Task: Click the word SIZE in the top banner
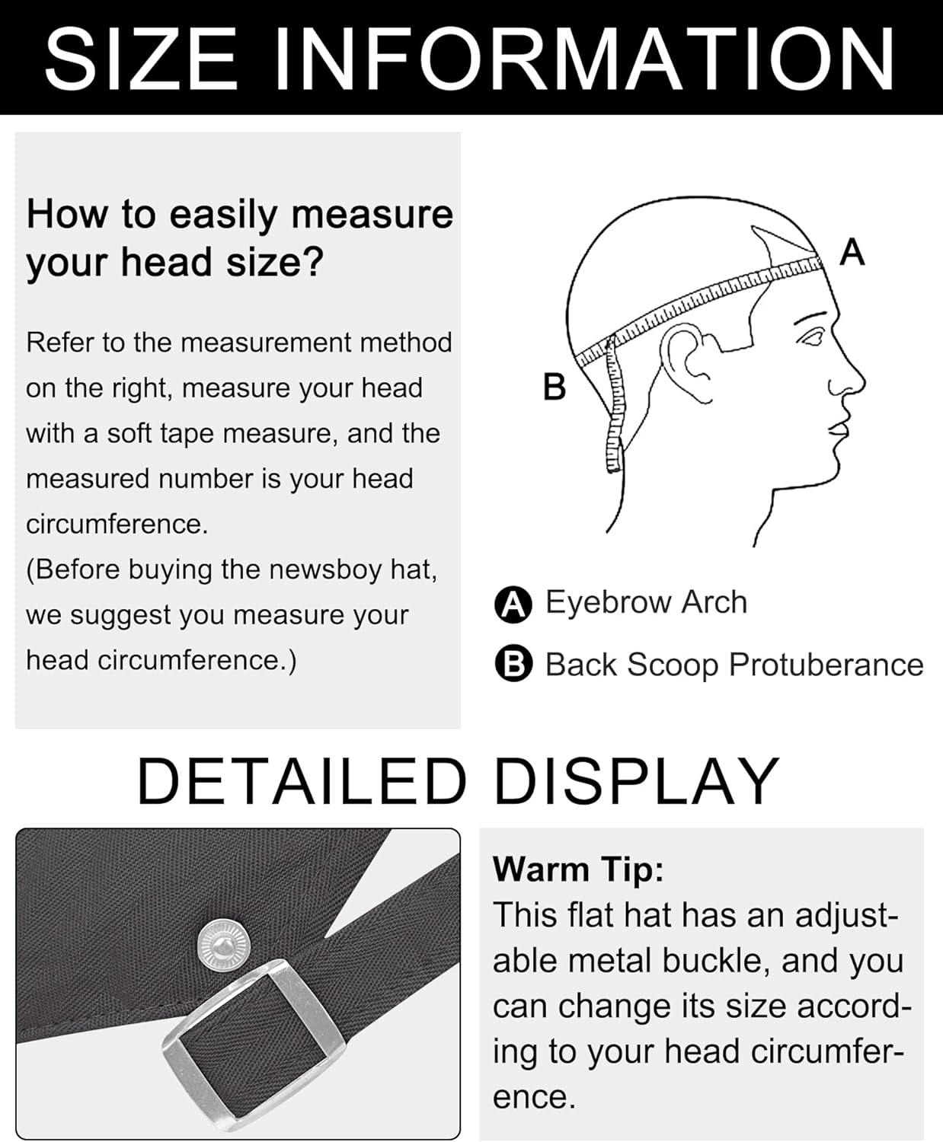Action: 141,59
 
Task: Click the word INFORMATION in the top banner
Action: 583,59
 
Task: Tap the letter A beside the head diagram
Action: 852,252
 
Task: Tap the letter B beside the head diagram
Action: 554,387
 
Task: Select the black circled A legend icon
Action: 513,604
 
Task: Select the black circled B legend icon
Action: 513,665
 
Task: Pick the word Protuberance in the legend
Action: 826,665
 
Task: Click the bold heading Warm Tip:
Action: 578,869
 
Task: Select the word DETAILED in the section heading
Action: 301,782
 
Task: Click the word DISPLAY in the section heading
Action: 636,782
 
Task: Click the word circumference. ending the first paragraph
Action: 117,525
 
